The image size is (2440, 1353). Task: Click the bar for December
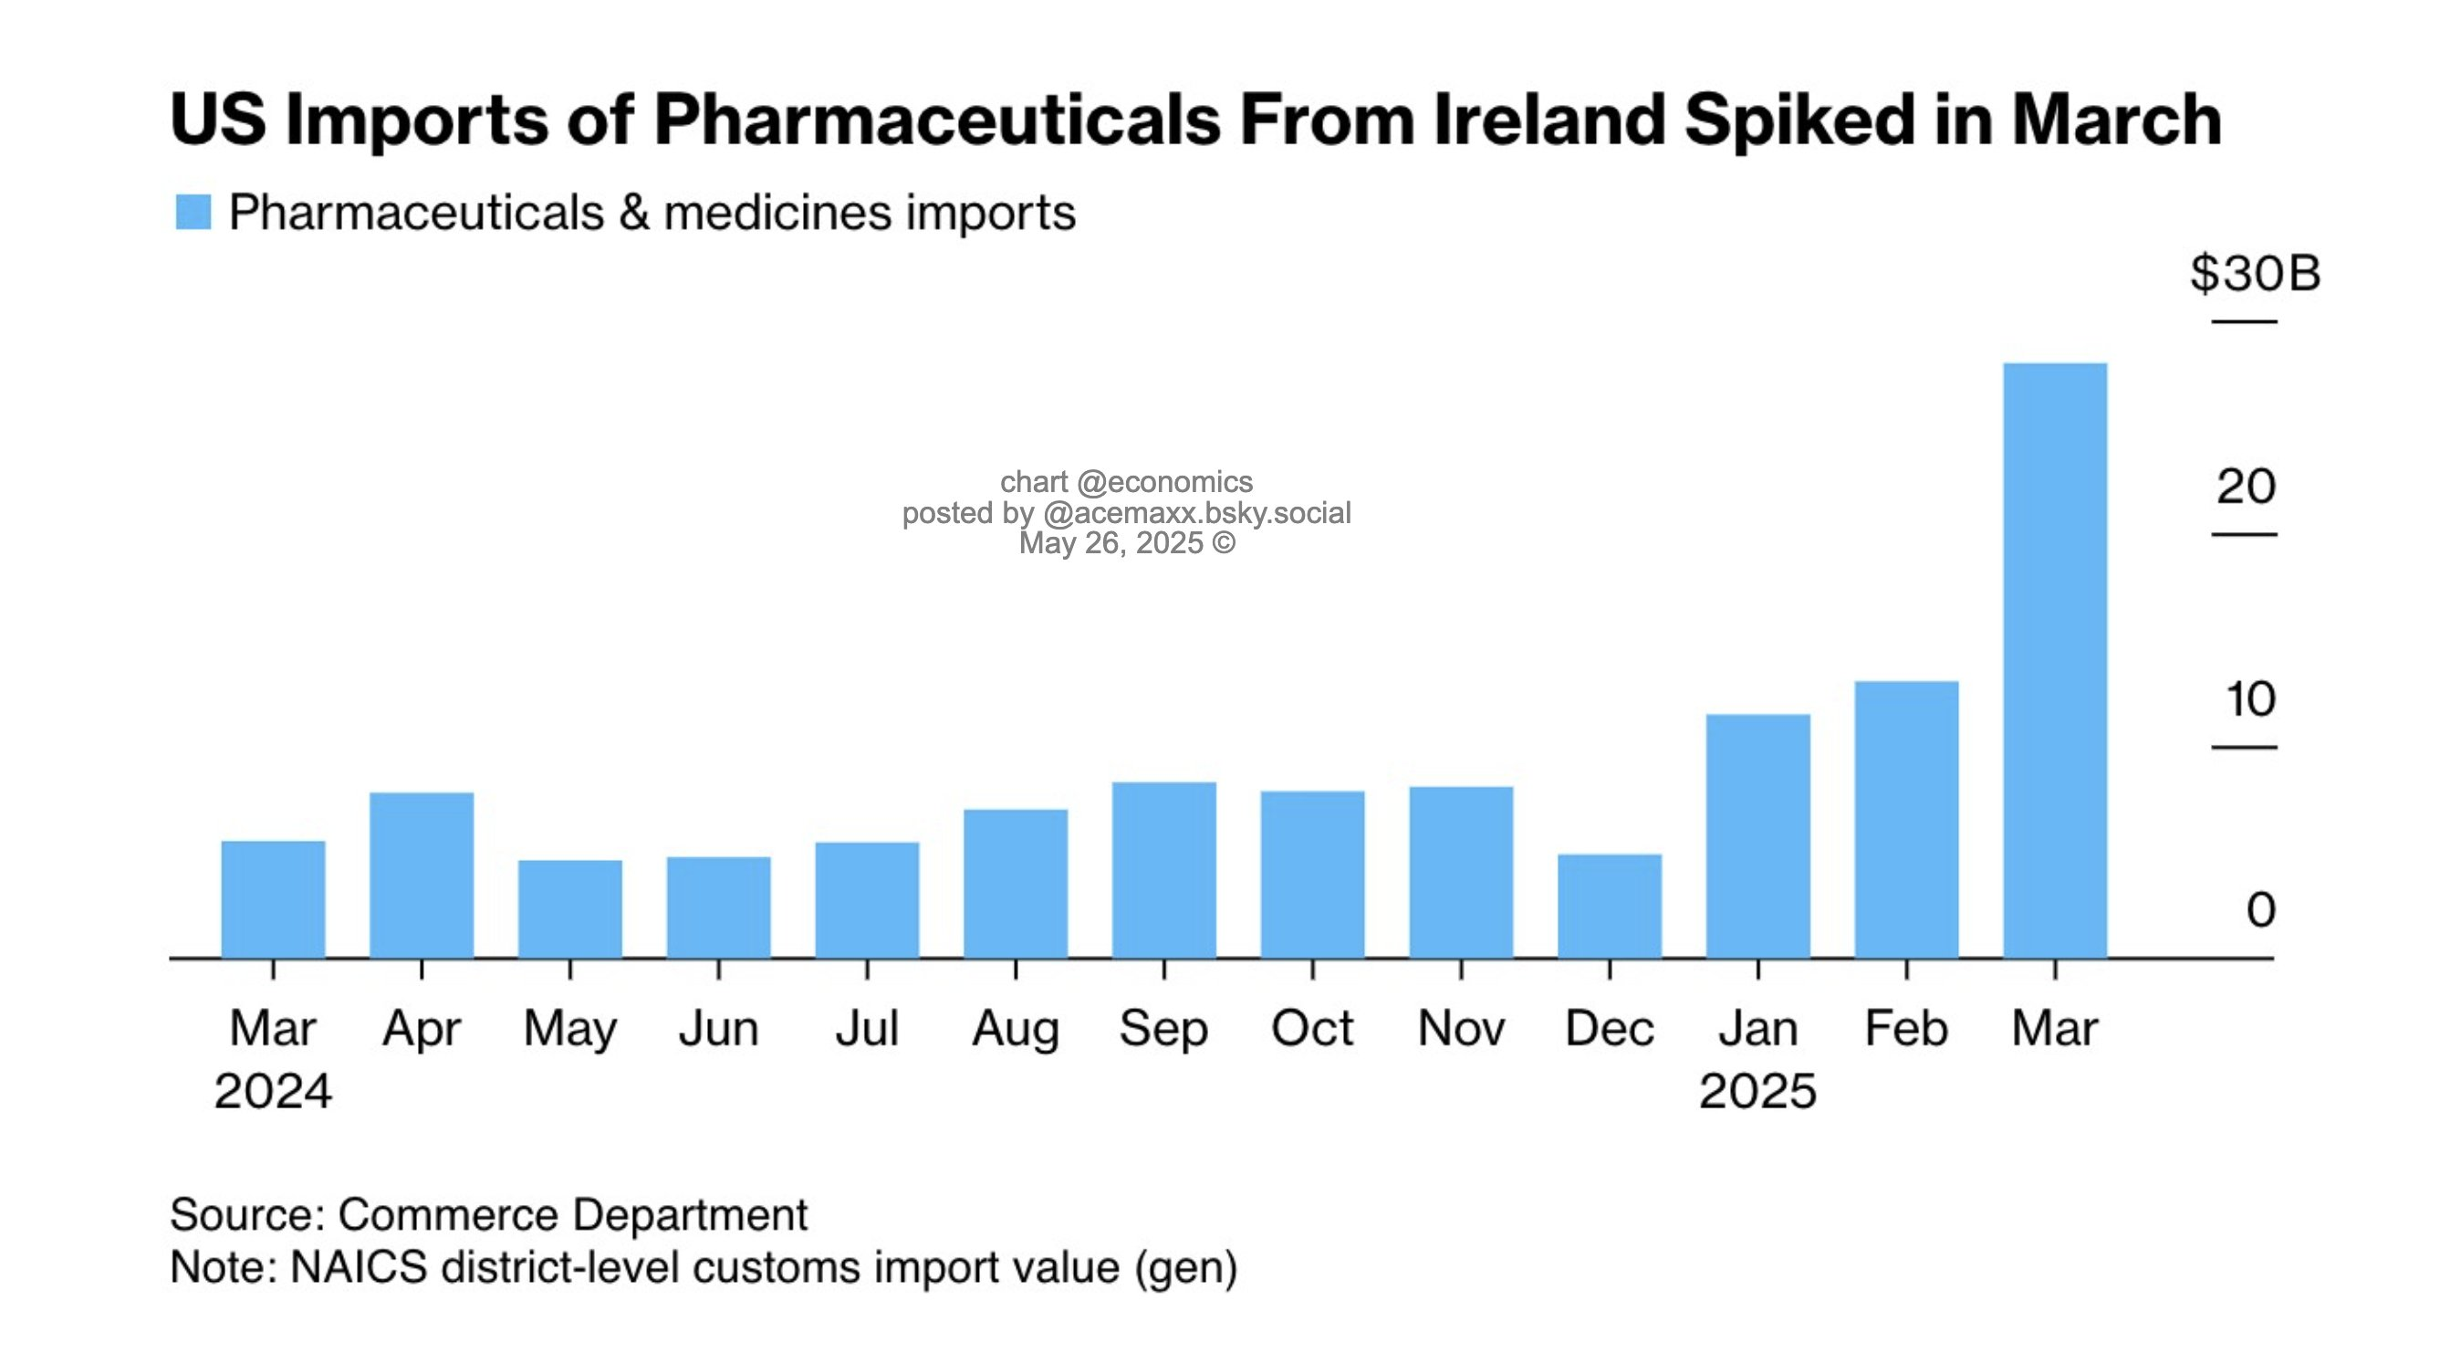1610,906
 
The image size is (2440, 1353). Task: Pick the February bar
1906,819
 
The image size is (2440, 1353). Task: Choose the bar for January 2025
1758,835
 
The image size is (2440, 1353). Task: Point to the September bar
1164,870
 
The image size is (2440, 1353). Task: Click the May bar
570,908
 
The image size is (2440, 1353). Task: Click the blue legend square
193,212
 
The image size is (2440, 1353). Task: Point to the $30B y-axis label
2255,274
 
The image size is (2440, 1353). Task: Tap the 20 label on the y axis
2246,487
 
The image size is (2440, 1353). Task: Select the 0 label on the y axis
2260,910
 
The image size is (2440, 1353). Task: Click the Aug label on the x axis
1016,1029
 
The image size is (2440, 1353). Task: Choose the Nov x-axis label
1461,1029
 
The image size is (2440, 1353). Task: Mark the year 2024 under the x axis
273,1091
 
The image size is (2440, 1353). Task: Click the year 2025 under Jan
1757,1091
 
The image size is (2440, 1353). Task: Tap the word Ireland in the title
1548,121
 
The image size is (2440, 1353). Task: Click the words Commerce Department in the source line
572,1214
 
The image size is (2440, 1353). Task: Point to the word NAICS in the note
358,1268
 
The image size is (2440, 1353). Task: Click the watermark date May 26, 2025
1111,544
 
